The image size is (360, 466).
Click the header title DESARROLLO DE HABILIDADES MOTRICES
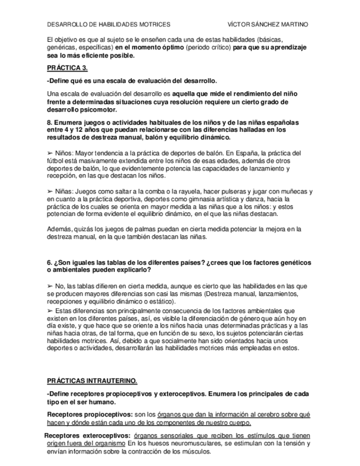109,25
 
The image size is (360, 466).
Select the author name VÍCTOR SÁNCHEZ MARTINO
268,25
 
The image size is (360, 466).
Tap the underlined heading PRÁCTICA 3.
67,68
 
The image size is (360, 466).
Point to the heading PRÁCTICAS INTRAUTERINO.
92,381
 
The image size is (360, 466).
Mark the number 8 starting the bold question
49,121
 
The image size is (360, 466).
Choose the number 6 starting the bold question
49,262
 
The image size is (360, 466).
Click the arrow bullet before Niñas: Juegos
50,192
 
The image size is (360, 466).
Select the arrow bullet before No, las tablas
50,286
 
